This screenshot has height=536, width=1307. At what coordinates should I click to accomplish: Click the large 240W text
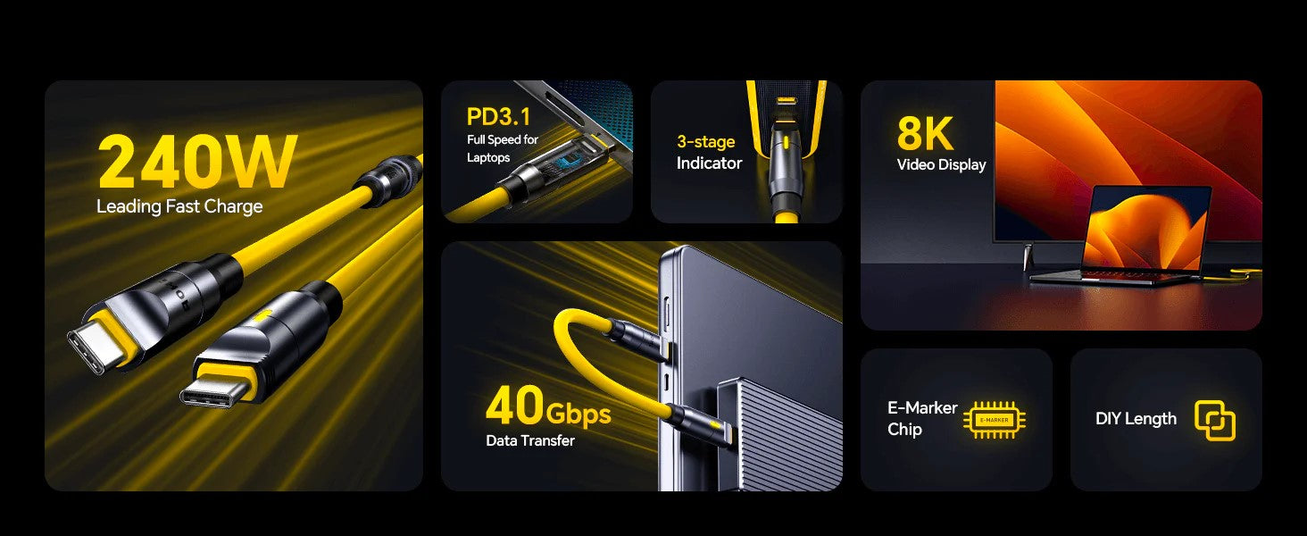coord(198,162)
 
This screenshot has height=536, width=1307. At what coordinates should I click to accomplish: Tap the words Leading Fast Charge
coord(179,206)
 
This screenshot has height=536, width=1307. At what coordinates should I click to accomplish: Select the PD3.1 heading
coord(499,117)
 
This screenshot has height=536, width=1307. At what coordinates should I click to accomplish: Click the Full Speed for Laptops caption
coord(503,148)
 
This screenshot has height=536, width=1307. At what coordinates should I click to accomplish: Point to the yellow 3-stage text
coord(706,142)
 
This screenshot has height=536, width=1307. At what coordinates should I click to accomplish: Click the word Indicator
coord(710,163)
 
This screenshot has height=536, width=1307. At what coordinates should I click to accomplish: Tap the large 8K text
coord(926,134)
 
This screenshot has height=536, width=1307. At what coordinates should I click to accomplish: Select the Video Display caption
coord(942,164)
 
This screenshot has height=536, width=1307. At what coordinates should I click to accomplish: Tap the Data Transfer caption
coord(530,440)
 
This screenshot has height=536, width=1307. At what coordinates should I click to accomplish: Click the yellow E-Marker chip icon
coord(995,420)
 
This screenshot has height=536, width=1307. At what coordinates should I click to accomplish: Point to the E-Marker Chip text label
coord(922,418)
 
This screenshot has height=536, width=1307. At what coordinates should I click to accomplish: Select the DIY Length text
coord(1136,419)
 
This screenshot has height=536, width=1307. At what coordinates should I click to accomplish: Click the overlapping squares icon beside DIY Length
coord(1215,421)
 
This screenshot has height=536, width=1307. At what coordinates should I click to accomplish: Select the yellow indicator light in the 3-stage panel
coord(786,142)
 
